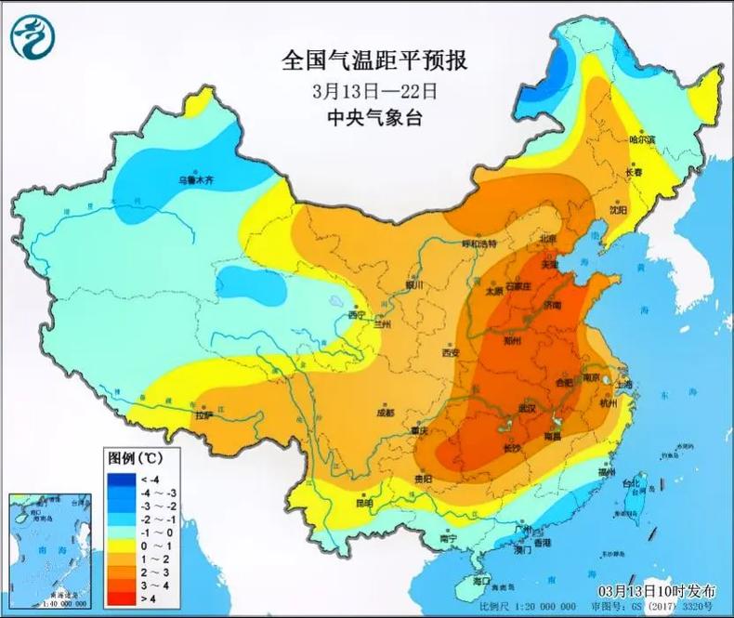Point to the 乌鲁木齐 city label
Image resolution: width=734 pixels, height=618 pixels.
click(x=196, y=179)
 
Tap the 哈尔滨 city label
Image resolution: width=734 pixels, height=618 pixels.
click(x=642, y=139)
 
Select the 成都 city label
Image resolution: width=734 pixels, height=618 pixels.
click(x=385, y=412)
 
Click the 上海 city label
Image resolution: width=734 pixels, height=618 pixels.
click(x=623, y=384)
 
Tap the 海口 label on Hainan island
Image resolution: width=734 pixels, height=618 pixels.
click(x=480, y=580)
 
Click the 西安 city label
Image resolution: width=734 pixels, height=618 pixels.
click(x=451, y=353)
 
